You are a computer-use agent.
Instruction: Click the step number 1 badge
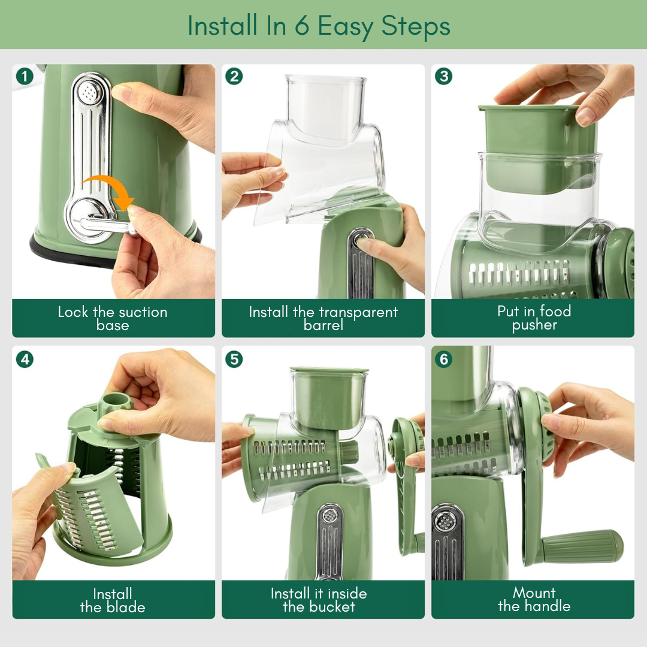(x=25, y=76)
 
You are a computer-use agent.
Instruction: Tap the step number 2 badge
(x=234, y=76)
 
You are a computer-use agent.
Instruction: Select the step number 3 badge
(x=443, y=76)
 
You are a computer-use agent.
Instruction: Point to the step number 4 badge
(x=25, y=359)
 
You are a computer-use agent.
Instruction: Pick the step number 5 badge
(x=234, y=359)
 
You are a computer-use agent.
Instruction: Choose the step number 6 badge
(x=443, y=359)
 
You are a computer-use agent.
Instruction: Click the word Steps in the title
(x=416, y=26)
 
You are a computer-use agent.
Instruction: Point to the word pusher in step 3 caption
(x=534, y=325)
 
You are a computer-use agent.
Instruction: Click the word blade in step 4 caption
(x=126, y=607)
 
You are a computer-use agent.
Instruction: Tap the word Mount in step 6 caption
(x=534, y=593)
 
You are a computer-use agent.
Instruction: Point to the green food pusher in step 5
(x=329, y=397)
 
